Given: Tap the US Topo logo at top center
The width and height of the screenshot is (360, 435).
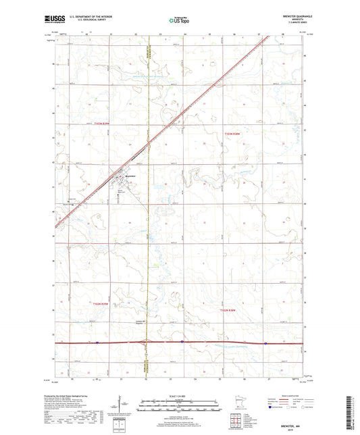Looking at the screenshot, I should [x=178, y=21].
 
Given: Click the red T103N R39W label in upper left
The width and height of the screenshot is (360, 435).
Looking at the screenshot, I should [x=97, y=123].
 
